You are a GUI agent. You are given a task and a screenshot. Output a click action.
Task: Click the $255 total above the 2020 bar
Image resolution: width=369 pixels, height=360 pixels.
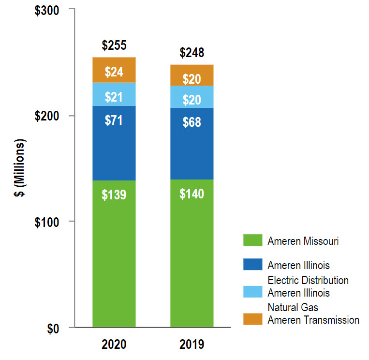pos(114,46)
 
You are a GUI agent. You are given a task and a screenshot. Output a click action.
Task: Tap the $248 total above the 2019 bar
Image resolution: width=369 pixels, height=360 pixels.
pos(192,52)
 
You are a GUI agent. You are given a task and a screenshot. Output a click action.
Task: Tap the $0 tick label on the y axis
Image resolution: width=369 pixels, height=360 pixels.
pos(56,329)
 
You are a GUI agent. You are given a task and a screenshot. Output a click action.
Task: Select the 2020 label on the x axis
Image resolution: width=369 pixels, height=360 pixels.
pos(114,345)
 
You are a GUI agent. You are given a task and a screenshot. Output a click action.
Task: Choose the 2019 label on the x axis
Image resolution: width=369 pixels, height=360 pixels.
pos(192,345)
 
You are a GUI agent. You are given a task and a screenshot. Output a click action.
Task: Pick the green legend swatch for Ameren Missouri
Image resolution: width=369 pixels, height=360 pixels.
pos(251,240)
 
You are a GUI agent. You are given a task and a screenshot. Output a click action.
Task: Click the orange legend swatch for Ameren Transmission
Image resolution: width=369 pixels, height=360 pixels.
pos(251,319)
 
